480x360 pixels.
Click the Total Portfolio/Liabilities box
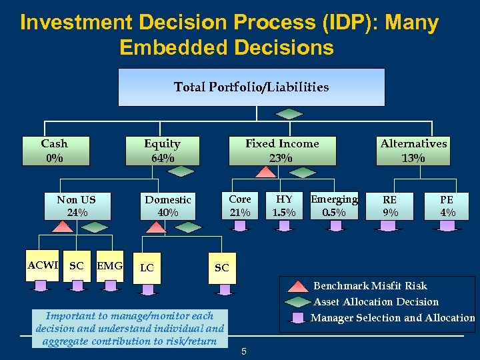point(251,87)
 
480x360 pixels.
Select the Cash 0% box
point(54,151)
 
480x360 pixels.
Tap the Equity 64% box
point(163,151)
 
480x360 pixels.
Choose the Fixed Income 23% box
point(281,151)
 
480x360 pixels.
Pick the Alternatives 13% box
point(413,151)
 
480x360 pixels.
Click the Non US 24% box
point(77,206)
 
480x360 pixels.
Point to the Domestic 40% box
point(168,206)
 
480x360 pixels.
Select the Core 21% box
point(240,206)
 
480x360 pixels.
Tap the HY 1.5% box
point(284,206)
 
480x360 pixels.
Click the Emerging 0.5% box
point(333,206)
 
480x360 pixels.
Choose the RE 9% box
point(390,206)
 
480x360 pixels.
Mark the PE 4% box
point(447,206)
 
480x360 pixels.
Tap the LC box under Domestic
point(147,268)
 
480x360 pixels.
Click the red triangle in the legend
point(298,287)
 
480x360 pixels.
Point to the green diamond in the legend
point(298,302)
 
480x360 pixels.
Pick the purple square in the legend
point(298,317)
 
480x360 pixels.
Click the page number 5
point(244,351)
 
